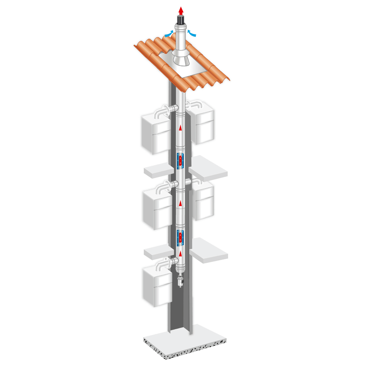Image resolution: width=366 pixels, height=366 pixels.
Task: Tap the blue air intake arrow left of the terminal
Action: (x=169, y=34)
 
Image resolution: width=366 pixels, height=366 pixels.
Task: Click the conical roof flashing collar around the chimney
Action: (x=180, y=59)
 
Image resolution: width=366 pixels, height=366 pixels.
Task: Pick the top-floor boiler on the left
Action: (x=156, y=134)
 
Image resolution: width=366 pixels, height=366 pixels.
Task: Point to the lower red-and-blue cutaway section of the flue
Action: (x=180, y=238)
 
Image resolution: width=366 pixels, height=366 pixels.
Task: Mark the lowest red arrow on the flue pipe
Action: (x=180, y=254)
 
